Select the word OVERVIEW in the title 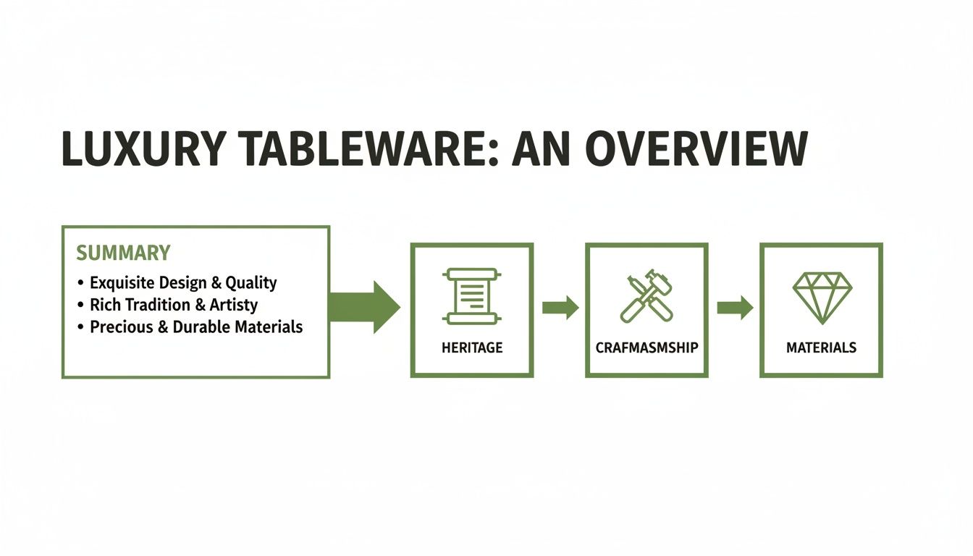[696, 151]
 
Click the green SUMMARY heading [123, 253]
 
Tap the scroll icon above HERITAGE [472, 296]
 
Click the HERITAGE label [472, 347]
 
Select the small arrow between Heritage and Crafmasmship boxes [560, 308]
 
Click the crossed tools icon [646, 296]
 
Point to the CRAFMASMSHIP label [646, 347]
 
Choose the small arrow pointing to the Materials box [735, 308]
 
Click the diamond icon [822, 296]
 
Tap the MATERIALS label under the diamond [821, 347]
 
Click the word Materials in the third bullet [269, 327]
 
